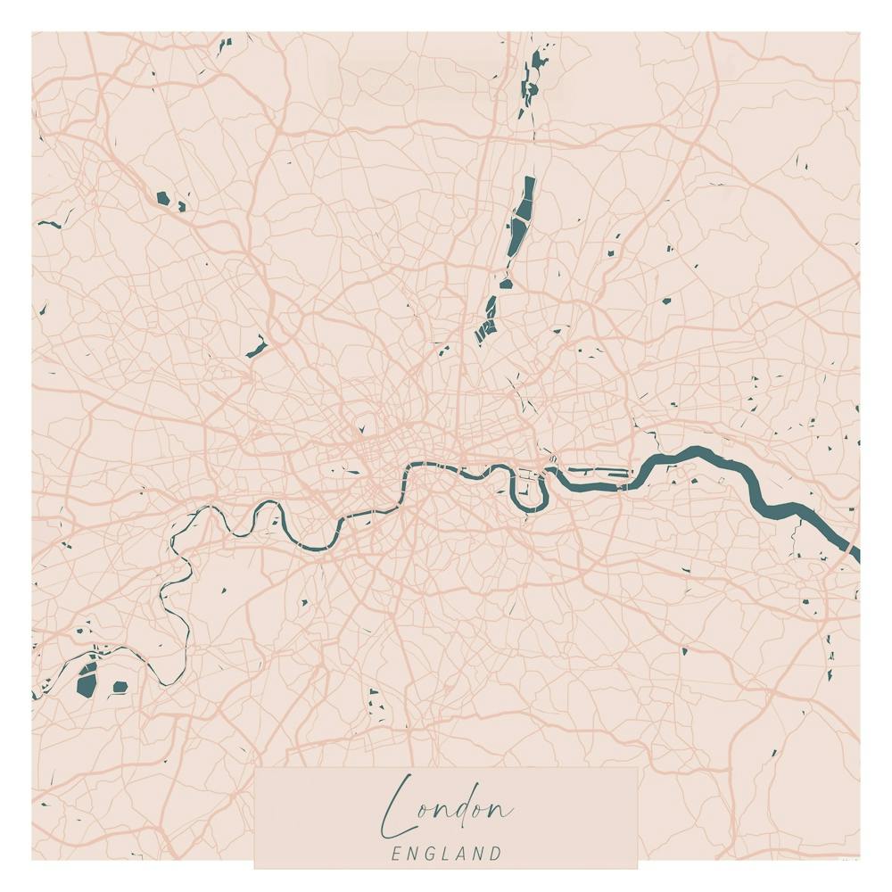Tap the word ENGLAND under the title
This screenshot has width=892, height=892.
446,854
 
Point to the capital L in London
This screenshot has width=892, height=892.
399,805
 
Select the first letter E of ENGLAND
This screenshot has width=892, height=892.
396,854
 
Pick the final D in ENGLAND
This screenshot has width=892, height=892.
496,854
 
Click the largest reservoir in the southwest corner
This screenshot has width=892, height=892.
87,681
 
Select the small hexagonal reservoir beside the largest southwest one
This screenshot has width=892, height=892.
120,686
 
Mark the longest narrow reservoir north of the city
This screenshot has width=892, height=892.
521,219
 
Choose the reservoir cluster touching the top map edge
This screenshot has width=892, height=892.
533,76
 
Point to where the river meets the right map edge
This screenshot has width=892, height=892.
855,553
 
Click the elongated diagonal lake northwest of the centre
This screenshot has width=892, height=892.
257,347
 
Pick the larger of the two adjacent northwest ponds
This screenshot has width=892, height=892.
162,198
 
